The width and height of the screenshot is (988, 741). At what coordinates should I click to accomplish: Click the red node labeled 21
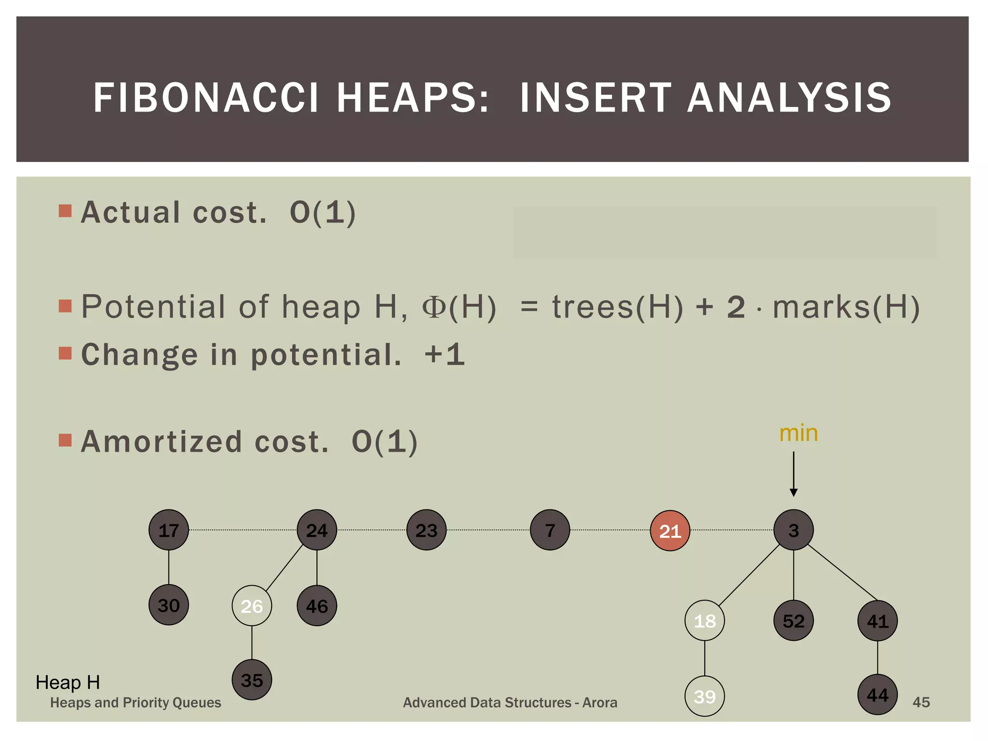pyautogui.click(x=670, y=531)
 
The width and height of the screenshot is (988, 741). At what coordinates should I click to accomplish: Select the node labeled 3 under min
pyautogui.click(x=793, y=530)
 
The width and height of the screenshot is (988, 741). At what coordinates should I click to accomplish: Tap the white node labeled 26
pyautogui.click(x=251, y=605)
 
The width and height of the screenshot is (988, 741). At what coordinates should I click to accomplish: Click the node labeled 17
pyautogui.click(x=168, y=530)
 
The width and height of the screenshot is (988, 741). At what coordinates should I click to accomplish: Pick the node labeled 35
pyautogui.click(x=251, y=680)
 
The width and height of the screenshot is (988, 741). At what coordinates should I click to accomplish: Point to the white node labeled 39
pyautogui.click(x=704, y=696)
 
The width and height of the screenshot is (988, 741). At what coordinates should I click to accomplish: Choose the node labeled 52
pyautogui.click(x=793, y=620)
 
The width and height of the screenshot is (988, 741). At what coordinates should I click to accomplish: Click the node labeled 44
pyautogui.click(x=877, y=695)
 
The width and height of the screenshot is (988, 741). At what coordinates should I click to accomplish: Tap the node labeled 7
pyautogui.click(x=549, y=530)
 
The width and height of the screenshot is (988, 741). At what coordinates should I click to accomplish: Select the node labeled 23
pyautogui.click(x=426, y=530)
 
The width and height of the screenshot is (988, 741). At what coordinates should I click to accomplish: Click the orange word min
pyautogui.click(x=798, y=433)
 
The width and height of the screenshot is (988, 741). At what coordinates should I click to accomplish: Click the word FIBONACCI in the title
pyautogui.click(x=206, y=98)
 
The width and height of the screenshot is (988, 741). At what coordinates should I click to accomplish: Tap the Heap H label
pyautogui.click(x=68, y=682)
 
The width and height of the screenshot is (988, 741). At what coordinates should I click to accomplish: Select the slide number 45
pyautogui.click(x=920, y=702)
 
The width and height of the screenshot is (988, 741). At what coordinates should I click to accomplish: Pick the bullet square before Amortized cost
pyautogui.click(x=65, y=440)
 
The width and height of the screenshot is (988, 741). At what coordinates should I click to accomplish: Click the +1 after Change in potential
pyautogui.click(x=444, y=355)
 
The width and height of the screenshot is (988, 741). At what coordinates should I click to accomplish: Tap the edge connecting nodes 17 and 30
pyautogui.click(x=168, y=567)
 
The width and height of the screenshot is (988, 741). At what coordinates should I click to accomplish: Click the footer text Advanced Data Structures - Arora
pyautogui.click(x=510, y=702)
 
